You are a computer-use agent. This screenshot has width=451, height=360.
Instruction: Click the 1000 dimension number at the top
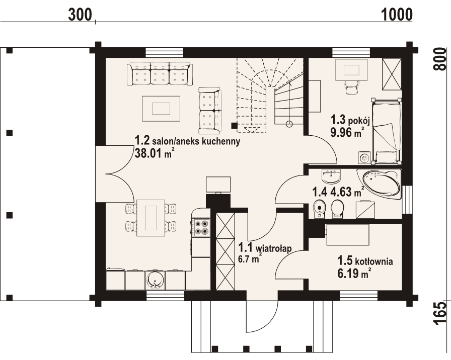(397, 15)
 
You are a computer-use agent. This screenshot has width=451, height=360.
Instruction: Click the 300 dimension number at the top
(80, 15)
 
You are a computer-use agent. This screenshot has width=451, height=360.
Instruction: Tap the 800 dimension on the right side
(440, 59)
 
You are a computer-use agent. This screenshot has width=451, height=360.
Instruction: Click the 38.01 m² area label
(154, 153)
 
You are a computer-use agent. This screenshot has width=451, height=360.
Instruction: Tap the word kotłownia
(374, 262)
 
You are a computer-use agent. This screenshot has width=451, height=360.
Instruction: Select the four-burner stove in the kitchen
(201, 227)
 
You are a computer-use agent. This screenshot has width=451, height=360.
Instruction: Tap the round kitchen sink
(156, 280)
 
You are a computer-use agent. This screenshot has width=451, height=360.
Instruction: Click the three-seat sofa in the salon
(160, 74)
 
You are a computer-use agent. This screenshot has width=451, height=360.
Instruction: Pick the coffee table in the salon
(161, 109)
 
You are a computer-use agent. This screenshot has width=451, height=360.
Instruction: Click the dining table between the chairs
(151, 218)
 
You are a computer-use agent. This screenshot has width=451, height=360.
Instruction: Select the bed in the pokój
(386, 131)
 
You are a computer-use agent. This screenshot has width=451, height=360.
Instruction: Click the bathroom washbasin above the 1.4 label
(331, 176)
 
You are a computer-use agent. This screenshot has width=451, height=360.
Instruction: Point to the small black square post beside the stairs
(235, 126)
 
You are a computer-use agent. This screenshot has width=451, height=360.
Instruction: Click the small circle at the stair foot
(289, 124)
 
